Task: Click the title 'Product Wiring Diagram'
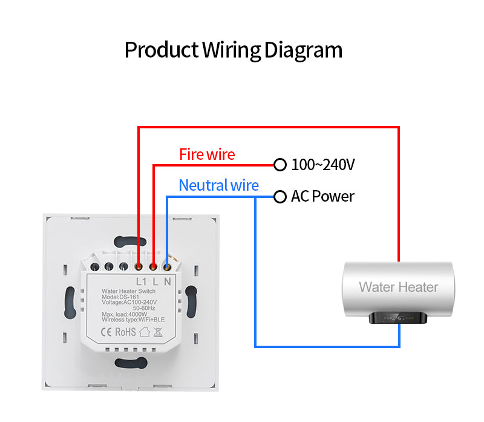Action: point(234,50)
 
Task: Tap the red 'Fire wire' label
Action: point(207,154)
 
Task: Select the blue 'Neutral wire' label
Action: point(218,185)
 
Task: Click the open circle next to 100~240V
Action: point(280,164)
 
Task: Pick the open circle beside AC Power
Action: point(280,197)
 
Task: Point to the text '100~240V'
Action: point(322,164)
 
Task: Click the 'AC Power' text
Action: point(322,197)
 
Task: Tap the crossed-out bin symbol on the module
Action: point(158,331)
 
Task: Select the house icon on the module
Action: point(145,331)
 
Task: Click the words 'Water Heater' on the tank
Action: point(398,287)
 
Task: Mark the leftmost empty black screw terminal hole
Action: point(94,266)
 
